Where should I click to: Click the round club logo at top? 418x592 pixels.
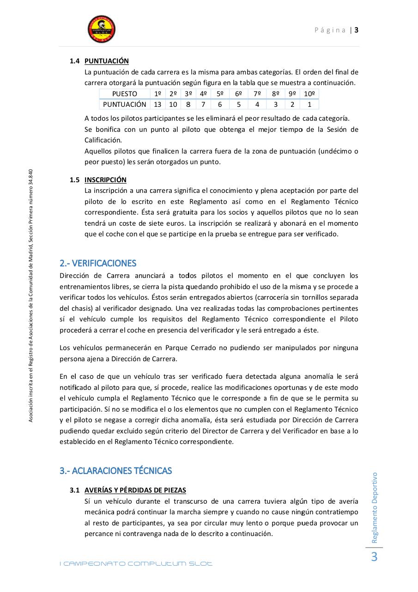[x=102, y=29]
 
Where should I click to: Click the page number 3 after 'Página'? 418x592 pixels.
[x=357, y=30]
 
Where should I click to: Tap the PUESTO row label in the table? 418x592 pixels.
[x=124, y=94]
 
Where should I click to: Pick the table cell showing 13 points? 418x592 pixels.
[x=158, y=105]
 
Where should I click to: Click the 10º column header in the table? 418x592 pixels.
[x=309, y=94]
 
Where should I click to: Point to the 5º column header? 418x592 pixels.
[x=220, y=94]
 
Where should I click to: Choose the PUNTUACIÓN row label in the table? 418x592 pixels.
[x=124, y=105]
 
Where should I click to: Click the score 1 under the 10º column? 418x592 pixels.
[x=309, y=105]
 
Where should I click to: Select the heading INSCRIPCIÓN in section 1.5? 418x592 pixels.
[x=105, y=180]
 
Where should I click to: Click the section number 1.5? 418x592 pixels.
[x=75, y=180]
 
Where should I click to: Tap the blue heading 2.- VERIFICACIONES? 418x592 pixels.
[x=98, y=263]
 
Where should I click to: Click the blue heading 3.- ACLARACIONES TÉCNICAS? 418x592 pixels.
[x=115, y=471]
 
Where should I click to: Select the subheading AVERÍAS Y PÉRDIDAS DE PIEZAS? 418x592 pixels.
[x=135, y=490]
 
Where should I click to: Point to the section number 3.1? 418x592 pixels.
[x=75, y=490]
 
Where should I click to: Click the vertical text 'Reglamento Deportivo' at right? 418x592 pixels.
[x=375, y=507]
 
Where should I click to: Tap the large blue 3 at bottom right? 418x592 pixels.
[x=374, y=557]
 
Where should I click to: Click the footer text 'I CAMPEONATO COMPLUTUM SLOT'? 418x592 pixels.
[x=136, y=564]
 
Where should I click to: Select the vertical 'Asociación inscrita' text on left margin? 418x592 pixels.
[x=31, y=296]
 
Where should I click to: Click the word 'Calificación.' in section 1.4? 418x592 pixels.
[x=103, y=140]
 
